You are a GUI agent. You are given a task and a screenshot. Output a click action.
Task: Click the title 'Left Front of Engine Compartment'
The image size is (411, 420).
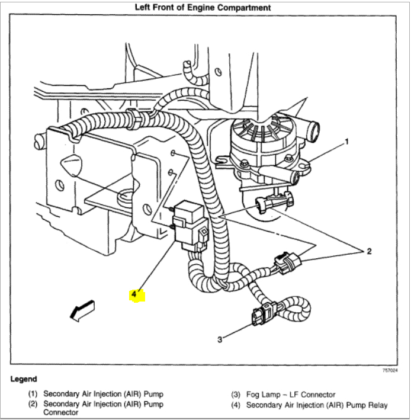click(203, 8)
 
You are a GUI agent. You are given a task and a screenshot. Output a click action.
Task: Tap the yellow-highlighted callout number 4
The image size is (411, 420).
click(136, 294)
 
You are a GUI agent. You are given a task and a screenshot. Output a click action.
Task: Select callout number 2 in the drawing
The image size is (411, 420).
click(369, 252)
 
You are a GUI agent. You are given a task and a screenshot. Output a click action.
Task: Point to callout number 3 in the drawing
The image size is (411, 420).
click(220, 339)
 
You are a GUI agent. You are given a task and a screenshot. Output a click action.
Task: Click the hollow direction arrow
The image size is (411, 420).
click(82, 310)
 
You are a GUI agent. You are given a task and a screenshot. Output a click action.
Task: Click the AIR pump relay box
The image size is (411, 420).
click(191, 225)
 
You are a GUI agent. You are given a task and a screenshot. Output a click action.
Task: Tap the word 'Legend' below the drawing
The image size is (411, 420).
click(24, 379)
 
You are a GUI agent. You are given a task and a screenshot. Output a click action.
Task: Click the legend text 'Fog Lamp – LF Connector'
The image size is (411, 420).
click(290, 394)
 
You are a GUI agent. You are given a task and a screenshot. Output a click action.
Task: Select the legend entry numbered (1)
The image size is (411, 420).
click(95, 394)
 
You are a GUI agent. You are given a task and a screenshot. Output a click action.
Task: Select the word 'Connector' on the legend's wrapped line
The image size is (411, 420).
click(62, 413)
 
